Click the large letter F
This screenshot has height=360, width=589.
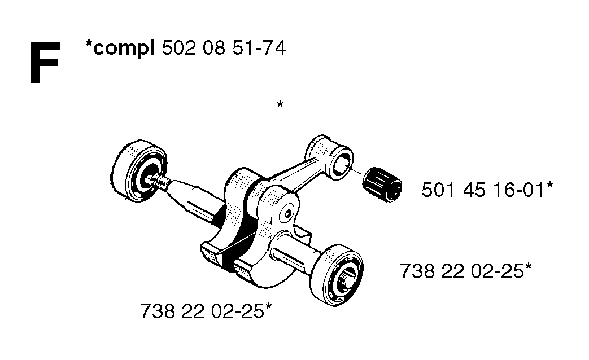click(x=44, y=63)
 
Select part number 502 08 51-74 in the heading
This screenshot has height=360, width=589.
click(x=224, y=48)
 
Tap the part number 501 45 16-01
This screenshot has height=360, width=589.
click(x=483, y=190)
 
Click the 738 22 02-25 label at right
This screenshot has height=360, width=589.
click(x=461, y=271)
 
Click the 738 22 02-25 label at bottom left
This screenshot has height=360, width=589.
click(x=202, y=311)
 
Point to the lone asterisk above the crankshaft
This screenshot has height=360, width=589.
click(x=280, y=104)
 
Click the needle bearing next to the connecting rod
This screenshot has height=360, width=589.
click(x=382, y=185)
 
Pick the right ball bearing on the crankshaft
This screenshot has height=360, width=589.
click(x=336, y=275)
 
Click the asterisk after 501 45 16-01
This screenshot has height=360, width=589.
click(x=549, y=186)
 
